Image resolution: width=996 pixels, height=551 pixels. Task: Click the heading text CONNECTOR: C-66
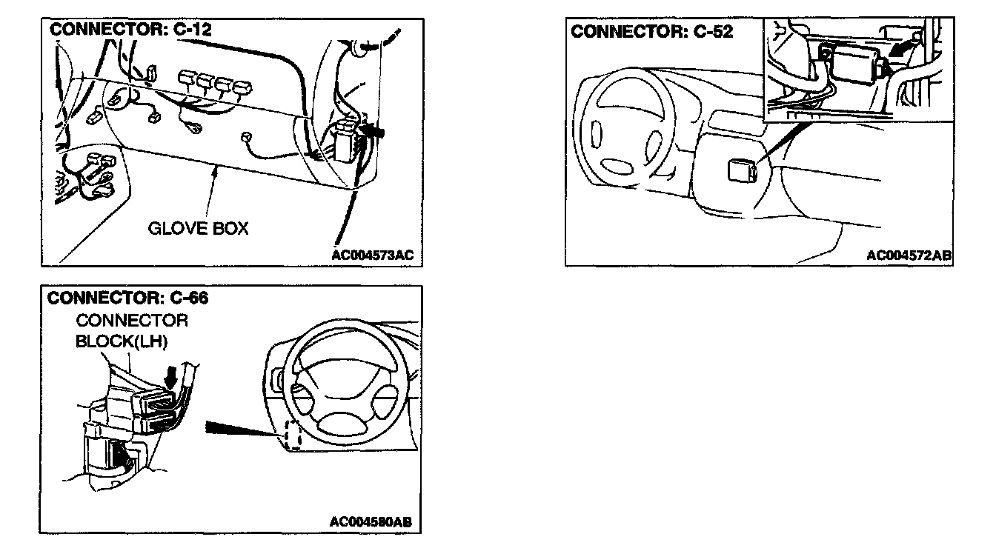pos(127,298)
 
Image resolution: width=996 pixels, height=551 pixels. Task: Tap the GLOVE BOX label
pos(199,228)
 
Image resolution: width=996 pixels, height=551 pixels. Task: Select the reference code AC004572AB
pos(909,256)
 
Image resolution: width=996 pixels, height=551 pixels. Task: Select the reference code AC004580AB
pos(371,522)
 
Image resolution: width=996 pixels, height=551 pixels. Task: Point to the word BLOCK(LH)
pos(122,343)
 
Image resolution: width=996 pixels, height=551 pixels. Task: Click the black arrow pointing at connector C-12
pos(376,132)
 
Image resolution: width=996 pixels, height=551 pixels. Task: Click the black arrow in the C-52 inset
pos(900,53)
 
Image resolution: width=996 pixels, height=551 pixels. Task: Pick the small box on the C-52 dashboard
pos(742,171)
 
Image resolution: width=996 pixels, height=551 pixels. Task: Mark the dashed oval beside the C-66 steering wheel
pos(293,434)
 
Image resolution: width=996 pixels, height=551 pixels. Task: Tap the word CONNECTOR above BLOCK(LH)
pos(132,321)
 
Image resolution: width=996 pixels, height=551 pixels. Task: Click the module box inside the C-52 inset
pos(855,63)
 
